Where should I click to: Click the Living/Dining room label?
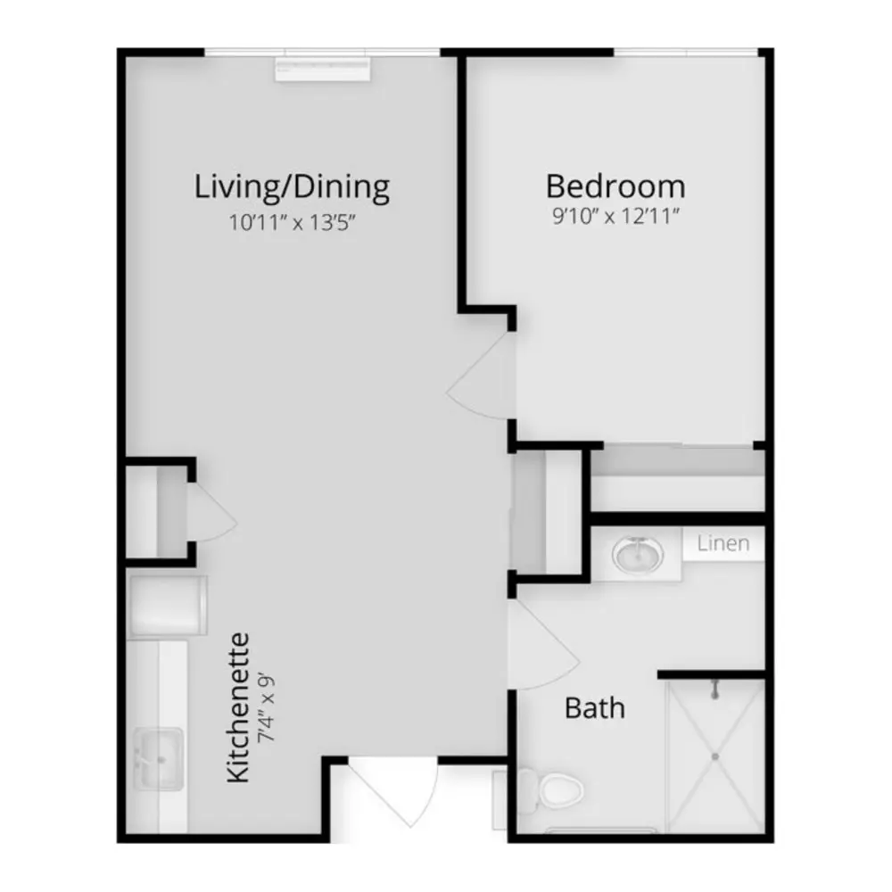[292, 187]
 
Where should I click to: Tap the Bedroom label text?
[615, 186]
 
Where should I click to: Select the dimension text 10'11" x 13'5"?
[293, 222]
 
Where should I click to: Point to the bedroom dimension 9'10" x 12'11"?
[616, 217]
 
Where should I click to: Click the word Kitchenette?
[238, 707]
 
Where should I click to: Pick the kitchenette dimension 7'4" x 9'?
[266, 707]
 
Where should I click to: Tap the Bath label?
[594, 708]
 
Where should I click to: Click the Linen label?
[723, 543]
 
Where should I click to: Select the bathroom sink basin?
[637, 554]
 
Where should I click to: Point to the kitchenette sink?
[159, 758]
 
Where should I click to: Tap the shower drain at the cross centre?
[714, 756]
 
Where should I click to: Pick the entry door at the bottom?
[398, 795]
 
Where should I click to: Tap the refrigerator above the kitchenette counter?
[168, 606]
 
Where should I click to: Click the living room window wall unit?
[323, 69]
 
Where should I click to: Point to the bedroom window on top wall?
[685, 53]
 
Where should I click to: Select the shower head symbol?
[716, 690]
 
